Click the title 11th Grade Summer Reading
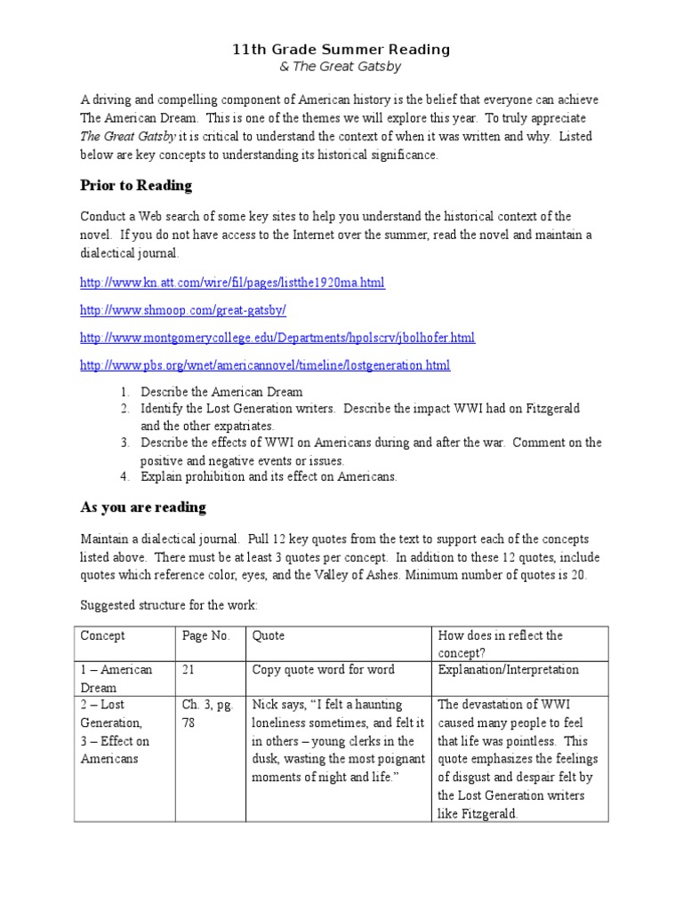pos(341,50)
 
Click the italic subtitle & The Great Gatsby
pos(341,68)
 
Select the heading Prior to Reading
pos(136,186)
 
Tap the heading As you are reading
pos(143,507)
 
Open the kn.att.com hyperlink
pos(232,283)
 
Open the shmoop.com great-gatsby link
pos(183,310)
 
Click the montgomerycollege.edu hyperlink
pos(277,338)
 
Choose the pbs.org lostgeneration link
pos(265,365)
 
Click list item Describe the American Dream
pos(221,392)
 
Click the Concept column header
pos(103,636)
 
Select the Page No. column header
pos(205,636)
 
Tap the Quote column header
pos(269,636)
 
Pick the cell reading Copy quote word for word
pos(324,669)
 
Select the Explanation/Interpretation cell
pos(508,669)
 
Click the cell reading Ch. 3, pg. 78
pos(207,714)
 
